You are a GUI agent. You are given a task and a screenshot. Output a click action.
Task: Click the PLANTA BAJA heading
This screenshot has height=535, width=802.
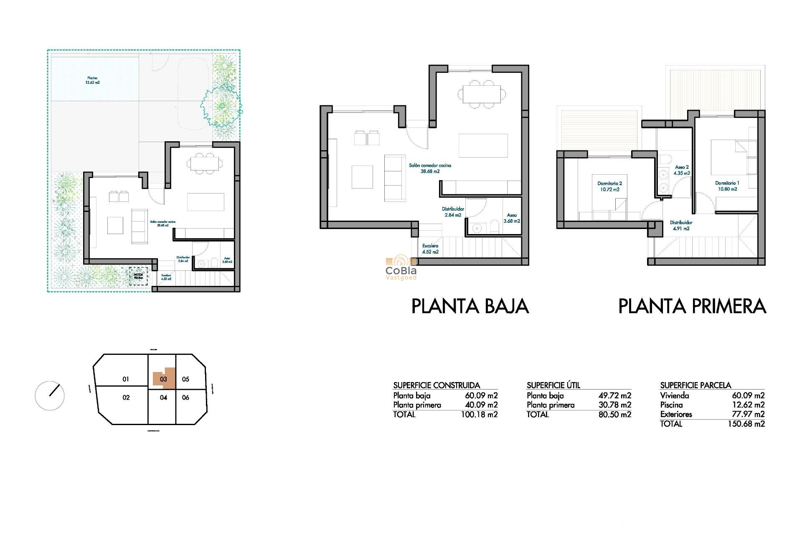coord(470,306)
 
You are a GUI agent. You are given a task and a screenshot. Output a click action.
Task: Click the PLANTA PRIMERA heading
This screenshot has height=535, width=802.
coord(692,306)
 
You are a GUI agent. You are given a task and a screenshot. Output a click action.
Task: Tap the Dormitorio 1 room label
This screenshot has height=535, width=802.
coord(727,186)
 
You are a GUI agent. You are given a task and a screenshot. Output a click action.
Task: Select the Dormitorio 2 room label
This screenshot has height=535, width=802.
coord(609,186)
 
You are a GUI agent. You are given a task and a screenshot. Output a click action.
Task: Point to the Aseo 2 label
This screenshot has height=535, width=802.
coord(682,170)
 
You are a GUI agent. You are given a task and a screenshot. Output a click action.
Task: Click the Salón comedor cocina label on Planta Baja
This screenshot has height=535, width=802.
coord(430,168)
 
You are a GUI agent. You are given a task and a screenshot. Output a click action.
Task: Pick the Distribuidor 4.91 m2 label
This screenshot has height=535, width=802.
coord(681,226)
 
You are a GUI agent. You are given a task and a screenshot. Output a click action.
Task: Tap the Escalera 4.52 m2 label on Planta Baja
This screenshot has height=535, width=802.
coord(430,249)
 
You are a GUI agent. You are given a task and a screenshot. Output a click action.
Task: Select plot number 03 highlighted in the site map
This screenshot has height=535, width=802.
coord(163,379)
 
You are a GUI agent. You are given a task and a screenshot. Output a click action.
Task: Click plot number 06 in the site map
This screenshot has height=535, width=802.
coord(185,397)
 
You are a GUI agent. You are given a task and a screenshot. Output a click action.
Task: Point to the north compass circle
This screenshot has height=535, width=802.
coord(50,395)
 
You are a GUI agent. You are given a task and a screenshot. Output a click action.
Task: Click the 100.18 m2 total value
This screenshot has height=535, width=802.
coord(479,415)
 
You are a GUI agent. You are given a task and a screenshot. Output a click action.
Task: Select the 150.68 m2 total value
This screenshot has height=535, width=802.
coord(746,424)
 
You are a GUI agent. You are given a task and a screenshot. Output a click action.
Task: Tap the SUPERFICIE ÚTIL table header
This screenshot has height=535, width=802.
coord(553,385)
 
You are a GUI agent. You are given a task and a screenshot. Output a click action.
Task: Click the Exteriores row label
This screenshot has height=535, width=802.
coord(676,414)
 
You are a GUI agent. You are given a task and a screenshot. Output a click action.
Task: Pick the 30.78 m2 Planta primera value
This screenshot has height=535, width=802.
coord(614,405)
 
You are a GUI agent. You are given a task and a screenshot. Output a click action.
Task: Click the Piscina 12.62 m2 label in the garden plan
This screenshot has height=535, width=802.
coord(92,80)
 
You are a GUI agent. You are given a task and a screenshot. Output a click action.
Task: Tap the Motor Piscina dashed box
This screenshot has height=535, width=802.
coord(138,276)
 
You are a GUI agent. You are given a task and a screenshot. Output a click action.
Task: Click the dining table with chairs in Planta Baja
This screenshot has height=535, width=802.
coord(482,94)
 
